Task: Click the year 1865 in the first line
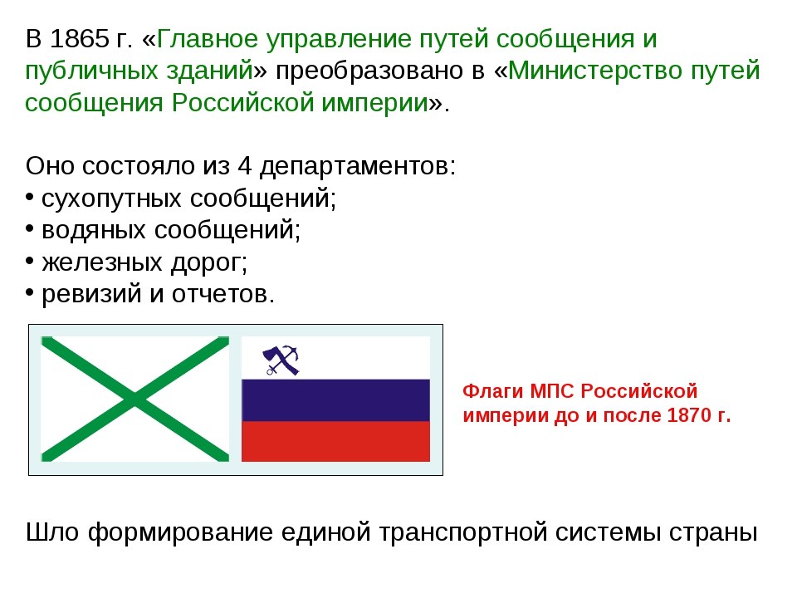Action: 80,39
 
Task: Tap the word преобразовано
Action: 373,71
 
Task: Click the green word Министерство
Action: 596,70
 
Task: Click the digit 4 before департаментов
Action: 244,166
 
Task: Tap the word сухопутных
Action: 110,199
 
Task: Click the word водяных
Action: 94,231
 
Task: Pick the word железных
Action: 102,263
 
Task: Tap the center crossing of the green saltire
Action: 134,399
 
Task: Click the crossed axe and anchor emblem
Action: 281,360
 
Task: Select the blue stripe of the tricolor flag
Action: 335,400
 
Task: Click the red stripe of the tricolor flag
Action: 335,441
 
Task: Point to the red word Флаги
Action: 493,391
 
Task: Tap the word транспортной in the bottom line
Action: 464,533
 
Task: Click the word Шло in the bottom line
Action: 51,532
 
